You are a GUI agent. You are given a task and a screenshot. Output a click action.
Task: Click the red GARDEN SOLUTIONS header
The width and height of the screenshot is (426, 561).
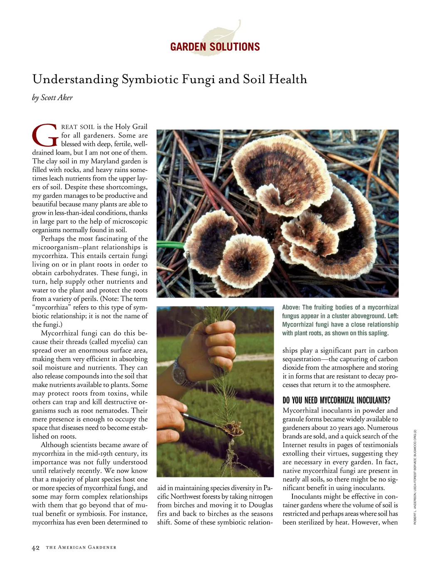[x=215, y=47]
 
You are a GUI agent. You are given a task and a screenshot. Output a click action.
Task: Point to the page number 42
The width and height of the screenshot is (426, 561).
[x=36, y=548]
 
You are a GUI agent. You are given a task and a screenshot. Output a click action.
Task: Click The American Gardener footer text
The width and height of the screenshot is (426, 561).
[x=81, y=548]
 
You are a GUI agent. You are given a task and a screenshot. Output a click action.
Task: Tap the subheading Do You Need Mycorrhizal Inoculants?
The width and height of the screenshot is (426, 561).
[x=336, y=400]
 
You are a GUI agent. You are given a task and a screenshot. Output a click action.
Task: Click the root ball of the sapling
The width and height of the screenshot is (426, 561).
[x=231, y=430]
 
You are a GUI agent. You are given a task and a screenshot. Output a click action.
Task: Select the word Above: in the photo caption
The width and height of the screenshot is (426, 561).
[x=291, y=308]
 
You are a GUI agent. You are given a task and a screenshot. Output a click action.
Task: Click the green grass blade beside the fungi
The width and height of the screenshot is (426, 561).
[x=170, y=245]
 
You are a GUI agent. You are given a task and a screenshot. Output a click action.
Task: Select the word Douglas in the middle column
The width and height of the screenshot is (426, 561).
[x=261, y=505]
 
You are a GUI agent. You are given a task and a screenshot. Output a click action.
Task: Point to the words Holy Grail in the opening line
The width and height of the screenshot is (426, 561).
[x=131, y=127]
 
